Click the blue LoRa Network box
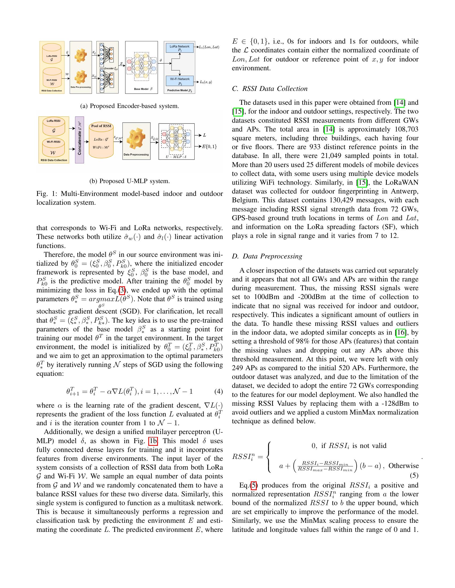click(x=180, y=48)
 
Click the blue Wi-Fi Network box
click(x=180, y=81)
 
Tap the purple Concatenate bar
click(x=79, y=140)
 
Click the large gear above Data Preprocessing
click(x=136, y=138)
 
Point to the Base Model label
click(x=142, y=89)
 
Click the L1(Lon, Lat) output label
click(x=209, y=47)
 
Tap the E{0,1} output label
click(x=210, y=147)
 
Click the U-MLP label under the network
click(x=176, y=157)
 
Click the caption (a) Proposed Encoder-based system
click(x=130, y=106)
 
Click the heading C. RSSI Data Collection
click(x=270, y=88)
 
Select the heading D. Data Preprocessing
click(x=267, y=256)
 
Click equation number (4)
click(x=219, y=391)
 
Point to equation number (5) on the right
click(x=414, y=475)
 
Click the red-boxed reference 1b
click(x=153, y=441)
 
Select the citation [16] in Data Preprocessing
click(x=400, y=332)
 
